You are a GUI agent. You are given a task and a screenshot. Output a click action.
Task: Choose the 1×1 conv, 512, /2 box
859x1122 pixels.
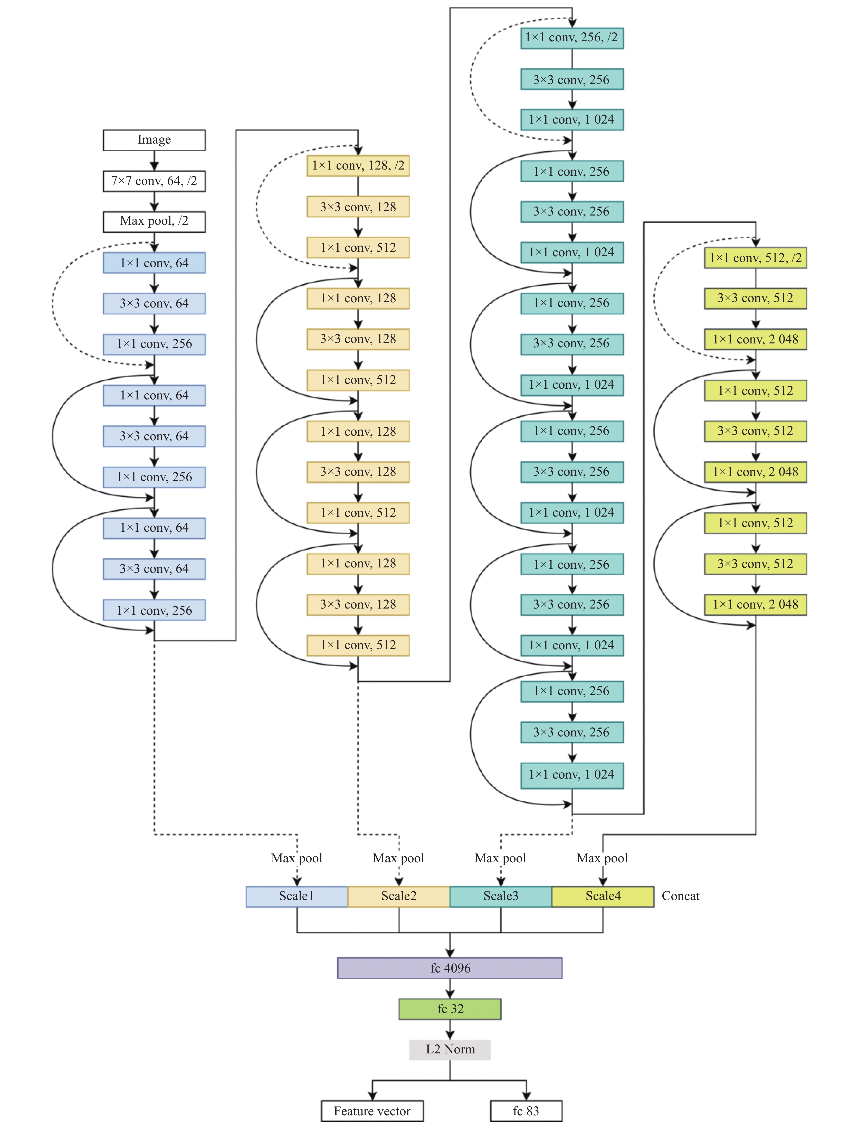tap(756, 258)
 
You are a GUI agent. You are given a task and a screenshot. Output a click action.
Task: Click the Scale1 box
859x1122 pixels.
tap(297, 896)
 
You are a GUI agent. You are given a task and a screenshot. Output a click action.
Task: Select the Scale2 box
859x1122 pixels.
tap(399, 896)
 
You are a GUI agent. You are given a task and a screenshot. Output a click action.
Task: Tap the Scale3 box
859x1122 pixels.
tap(501, 896)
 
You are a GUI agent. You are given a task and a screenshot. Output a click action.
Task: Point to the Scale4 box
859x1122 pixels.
tap(603, 896)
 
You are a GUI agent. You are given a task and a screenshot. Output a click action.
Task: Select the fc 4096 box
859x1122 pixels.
tap(450, 968)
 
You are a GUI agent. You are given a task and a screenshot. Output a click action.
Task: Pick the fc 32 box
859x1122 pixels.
tap(450, 1009)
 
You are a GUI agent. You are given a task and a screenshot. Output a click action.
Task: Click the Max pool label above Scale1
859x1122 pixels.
tap(297, 858)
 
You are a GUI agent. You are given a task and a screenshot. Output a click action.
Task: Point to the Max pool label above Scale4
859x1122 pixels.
tap(602, 858)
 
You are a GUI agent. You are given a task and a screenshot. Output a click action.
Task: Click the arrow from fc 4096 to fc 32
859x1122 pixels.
tap(450, 988)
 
